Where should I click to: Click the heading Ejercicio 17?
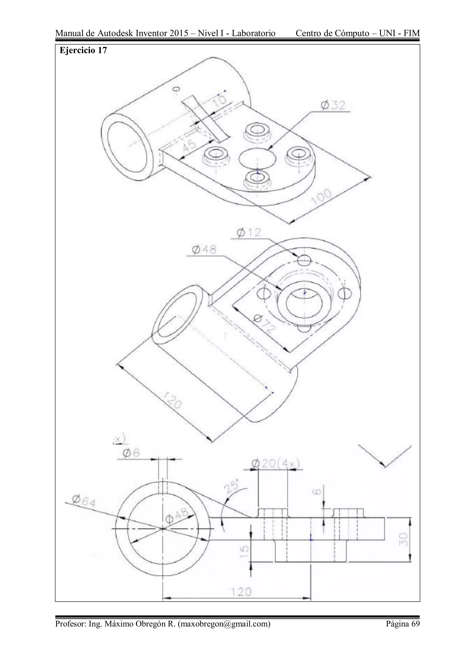click(83, 50)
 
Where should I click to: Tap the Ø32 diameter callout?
click(333, 106)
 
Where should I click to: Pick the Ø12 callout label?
click(249, 233)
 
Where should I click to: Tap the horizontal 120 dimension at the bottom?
click(240, 592)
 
